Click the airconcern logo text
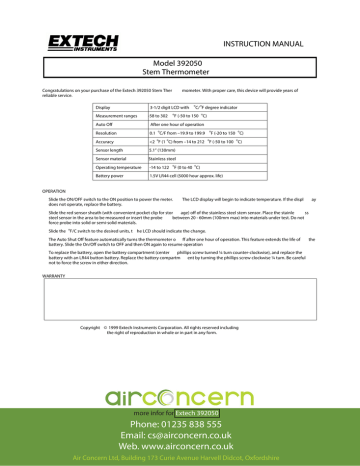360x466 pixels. click(x=180, y=371)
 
